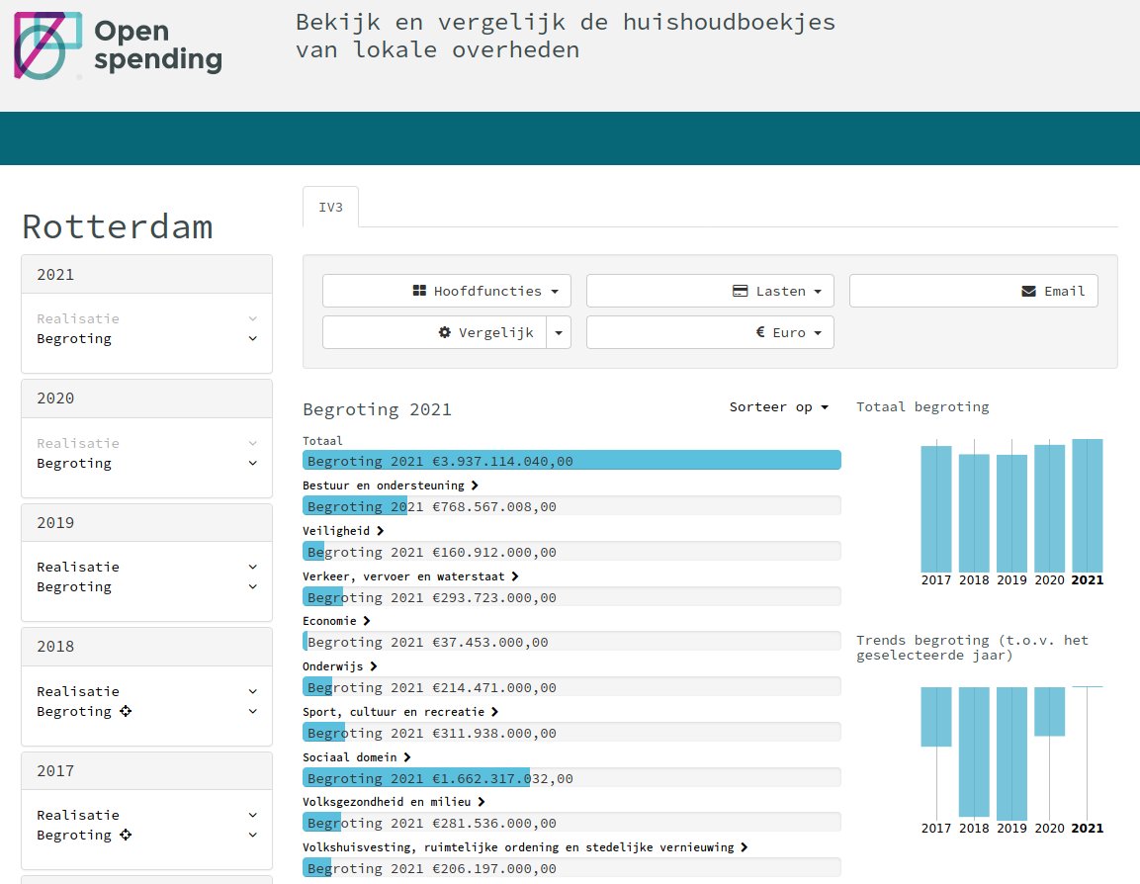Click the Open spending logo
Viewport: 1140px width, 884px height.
118,45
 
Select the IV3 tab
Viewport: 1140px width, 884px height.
330,208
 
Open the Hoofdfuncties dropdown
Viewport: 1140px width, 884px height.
446,292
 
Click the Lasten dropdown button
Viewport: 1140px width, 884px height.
710,292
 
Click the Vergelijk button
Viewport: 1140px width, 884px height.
435,333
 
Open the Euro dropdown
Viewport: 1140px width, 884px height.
710,333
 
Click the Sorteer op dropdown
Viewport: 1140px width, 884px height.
778,407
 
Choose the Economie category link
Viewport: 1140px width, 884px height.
336,621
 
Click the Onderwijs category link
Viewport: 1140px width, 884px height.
340,666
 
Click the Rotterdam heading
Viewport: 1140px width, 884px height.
117,226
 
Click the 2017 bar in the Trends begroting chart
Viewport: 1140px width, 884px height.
936,716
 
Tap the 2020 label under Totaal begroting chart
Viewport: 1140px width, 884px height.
1049,580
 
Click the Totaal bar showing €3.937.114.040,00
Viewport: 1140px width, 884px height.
571,461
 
